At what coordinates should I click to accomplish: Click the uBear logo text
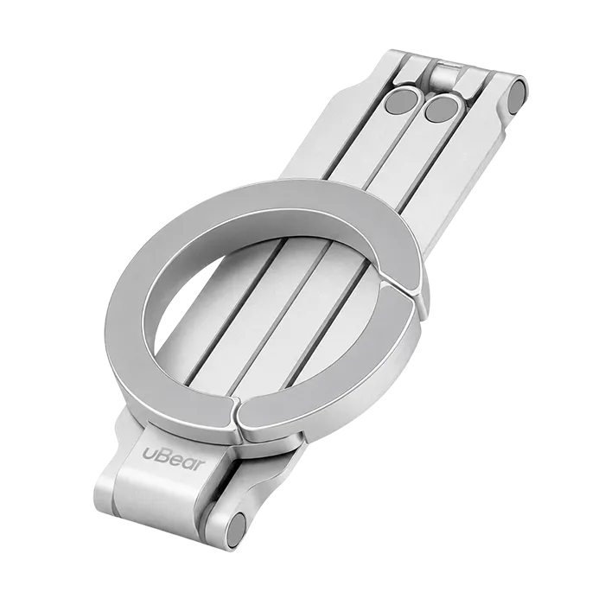(x=173, y=458)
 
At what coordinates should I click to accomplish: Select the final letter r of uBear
(x=199, y=465)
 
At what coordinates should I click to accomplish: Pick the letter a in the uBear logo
(x=187, y=462)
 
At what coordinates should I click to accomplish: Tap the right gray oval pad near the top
(x=442, y=109)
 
